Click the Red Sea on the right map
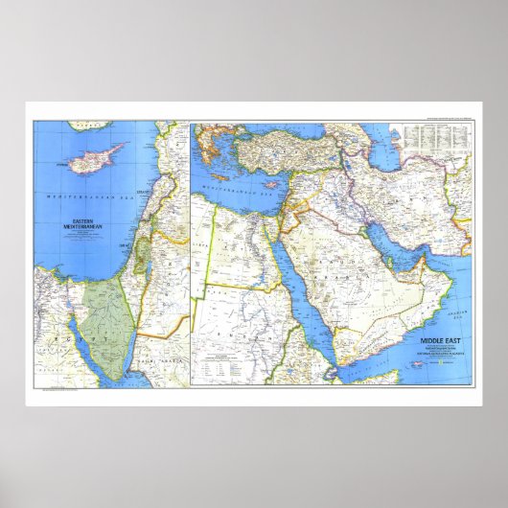point(308,288)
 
